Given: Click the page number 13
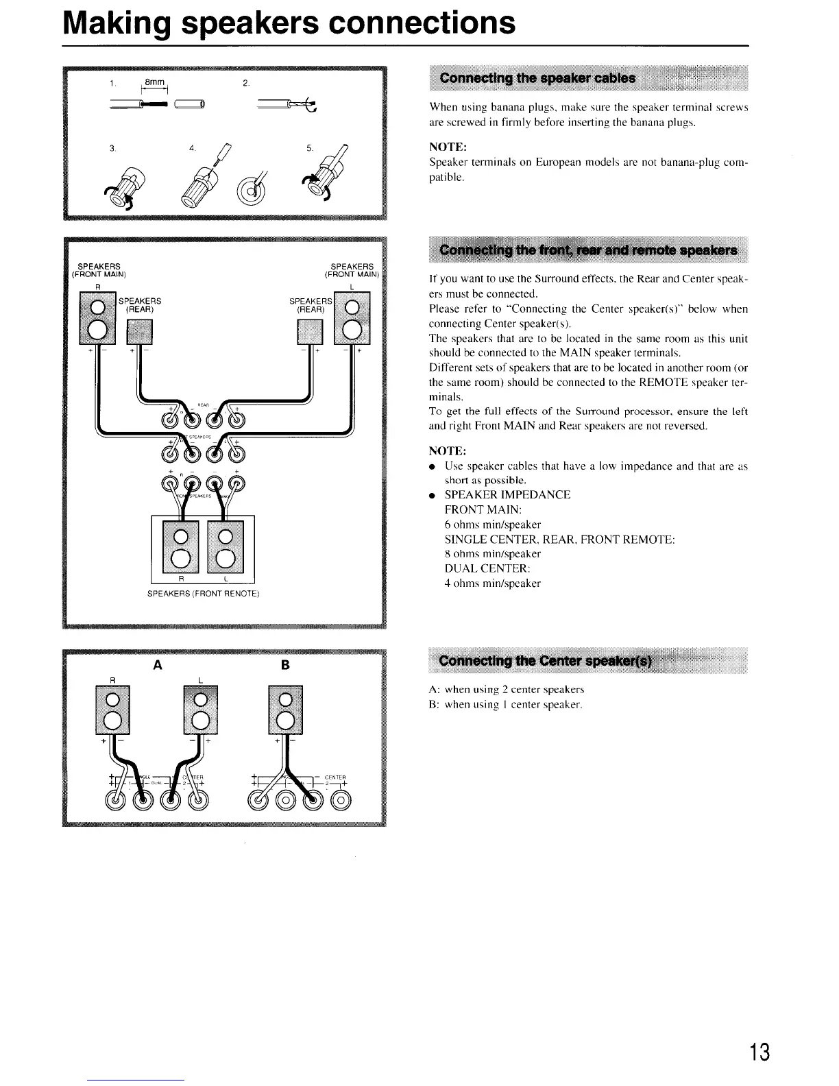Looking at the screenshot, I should pos(759,1050).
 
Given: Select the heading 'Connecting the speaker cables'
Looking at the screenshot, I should pos(537,77).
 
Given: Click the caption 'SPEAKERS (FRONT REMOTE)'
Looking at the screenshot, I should pos(203,594).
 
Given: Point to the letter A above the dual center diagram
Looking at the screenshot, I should pos(158,665).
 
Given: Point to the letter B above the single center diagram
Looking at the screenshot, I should pos(285,665).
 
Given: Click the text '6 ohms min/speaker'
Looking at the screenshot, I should pos(492,524).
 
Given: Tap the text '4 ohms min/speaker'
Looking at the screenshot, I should pos(492,583).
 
